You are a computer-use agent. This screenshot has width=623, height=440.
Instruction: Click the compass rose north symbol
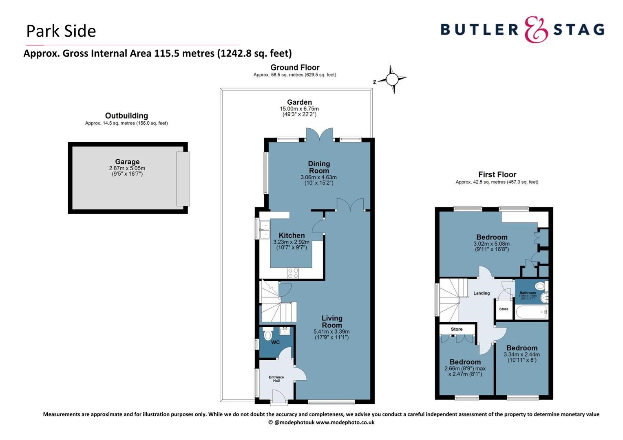[392, 79]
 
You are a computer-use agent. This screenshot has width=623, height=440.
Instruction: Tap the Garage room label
[127, 162]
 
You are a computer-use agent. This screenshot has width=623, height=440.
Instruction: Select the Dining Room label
[319, 167]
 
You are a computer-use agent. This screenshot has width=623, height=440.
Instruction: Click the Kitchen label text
[292, 235]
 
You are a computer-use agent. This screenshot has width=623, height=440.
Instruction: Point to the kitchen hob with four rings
[293, 273]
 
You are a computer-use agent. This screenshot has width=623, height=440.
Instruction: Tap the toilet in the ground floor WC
[268, 335]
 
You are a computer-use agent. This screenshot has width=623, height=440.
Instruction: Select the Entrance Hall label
[276, 379]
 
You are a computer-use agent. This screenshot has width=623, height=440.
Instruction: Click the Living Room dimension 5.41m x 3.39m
[331, 332]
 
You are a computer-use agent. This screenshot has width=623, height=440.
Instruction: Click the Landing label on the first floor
[482, 293]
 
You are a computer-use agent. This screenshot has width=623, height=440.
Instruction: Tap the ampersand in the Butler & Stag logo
[536, 30]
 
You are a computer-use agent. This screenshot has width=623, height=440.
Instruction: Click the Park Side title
[61, 31]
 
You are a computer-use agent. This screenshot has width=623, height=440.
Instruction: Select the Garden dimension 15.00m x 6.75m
[299, 109]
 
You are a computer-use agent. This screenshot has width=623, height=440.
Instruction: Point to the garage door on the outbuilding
[183, 178]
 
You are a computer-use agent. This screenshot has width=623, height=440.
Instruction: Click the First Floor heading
[497, 174]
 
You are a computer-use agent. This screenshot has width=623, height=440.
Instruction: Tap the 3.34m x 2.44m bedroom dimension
[521, 354]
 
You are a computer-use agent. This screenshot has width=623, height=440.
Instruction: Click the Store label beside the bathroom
[504, 309]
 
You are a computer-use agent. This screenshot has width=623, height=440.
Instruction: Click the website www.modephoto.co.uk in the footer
[345, 422]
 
